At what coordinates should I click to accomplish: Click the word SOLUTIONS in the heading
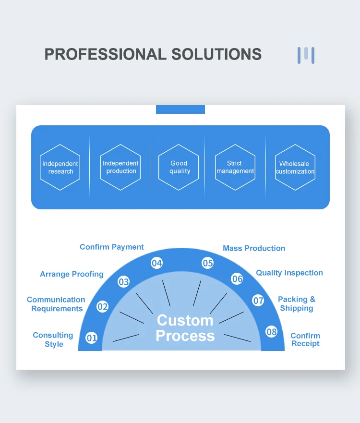pyautogui.click(x=216, y=54)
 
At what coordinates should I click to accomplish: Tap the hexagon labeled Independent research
pyautogui.click(x=60, y=168)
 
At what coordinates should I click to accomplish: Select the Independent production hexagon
pyautogui.click(x=120, y=167)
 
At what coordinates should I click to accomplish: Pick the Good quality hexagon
pyautogui.click(x=179, y=167)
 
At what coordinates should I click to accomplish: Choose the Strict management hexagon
pyautogui.click(x=235, y=167)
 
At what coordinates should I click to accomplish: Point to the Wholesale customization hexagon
pyautogui.click(x=295, y=167)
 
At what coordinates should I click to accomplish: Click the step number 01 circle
pyautogui.click(x=92, y=338)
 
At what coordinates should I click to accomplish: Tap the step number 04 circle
pyautogui.click(x=157, y=263)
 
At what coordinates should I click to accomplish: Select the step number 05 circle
pyautogui.click(x=207, y=263)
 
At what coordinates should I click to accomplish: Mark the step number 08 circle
pyautogui.click(x=272, y=332)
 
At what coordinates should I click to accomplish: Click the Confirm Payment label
pyautogui.click(x=112, y=247)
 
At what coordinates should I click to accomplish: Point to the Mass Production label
pyautogui.click(x=254, y=248)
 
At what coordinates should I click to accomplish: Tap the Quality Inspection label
pyautogui.click(x=289, y=273)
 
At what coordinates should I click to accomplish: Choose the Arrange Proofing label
pyautogui.click(x=72, y=274)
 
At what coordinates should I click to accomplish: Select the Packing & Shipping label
pyautogui.click(x=297, y=303)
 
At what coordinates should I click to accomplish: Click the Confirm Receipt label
pyautogui.click(x=305, y=339)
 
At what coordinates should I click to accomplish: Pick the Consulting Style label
pyautogui.click(x=53, y=339)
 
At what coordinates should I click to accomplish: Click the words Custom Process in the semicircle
pyautogui.click(x=185, y=328)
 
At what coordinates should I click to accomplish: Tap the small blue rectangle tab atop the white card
pyautogui.click(x=180, y=109)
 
